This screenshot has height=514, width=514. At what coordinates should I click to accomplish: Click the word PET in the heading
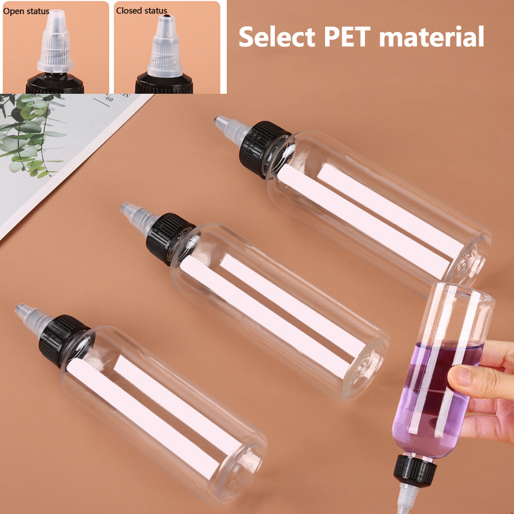coord(347,37)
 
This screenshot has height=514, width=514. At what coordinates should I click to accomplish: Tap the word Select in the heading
coord(277,37)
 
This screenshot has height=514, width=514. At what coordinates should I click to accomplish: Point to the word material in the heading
coord(431,37)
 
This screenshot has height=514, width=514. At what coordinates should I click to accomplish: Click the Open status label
coord(26,11)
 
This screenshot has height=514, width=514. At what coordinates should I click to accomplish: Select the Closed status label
coord(141,11)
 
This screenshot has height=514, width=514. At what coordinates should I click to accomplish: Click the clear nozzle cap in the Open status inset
coord(55,41)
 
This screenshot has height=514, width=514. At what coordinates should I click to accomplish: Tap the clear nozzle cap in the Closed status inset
coord(165,46)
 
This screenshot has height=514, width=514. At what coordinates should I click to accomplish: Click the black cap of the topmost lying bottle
coord(264,149)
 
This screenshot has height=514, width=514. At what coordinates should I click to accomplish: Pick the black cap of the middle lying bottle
coord(170,238)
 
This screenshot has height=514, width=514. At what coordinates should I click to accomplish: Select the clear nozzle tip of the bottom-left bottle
coord(33,319)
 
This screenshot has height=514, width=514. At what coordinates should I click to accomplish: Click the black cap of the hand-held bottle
coord(414,470)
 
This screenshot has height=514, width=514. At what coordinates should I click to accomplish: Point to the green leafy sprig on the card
coord(30,134)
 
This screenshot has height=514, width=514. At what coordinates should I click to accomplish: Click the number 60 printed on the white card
coord(109,98)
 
